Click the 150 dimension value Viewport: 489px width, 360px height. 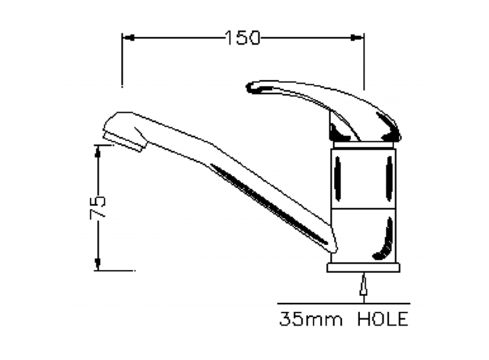pyautogui.click(x=242, y=38)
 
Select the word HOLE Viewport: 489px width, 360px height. pyautogui.click(x=383, y=319)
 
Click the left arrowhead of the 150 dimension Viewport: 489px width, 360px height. pyautogui.click(x=128, y=38)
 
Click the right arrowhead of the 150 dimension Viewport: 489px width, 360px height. pyautogui.click(x=357, y=38)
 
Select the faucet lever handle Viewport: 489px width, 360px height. pyautogui.click(x=329, y=108)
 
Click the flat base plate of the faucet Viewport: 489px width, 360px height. pyautogui.click(x=363, y=267)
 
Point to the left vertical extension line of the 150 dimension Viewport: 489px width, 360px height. pyautogui.click(x=122, y=62)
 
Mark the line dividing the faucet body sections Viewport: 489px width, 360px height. pyautogui.click(x=363, y=208)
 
